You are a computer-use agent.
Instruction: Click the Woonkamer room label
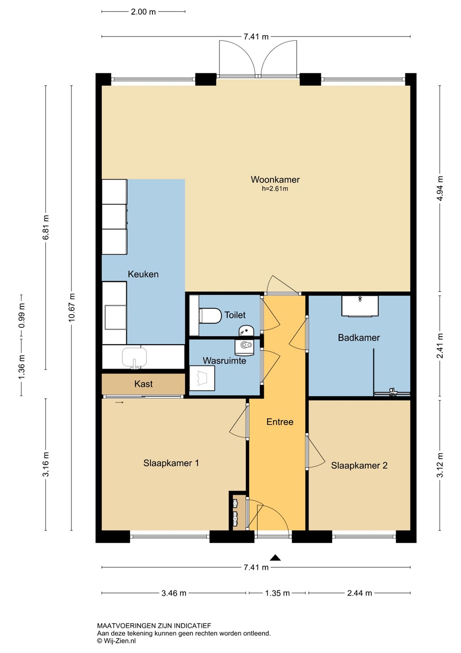(x=275, y=179)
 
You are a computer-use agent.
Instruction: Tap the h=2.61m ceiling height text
(x=275, y=189)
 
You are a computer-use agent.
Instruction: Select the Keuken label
(x=143, y=274)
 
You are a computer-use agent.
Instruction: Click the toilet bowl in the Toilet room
(x=210, y=316)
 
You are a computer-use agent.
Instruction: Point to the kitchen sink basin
(x=134, y=357)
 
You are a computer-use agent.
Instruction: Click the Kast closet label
(x=144, y=384)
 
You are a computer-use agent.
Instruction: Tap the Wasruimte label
(x=225, y=361)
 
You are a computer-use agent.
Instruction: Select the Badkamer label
(x=359, y=337)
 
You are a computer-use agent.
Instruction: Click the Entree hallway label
(x=280, y=422)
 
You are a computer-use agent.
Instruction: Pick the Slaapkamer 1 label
(x=171, y=463)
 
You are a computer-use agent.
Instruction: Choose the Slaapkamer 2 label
(x=359, y=465)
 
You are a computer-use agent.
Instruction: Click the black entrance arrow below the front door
(x=275, y=558)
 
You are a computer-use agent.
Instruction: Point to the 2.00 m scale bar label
(x=143, y=12)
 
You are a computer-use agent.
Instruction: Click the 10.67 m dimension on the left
(x=72, y=307)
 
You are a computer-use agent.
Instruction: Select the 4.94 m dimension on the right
(x=440, y=188)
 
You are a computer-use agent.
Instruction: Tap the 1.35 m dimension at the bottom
(x=277, y=593)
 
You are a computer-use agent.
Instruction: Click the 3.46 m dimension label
(x=174, y=593)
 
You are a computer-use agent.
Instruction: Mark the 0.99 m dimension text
(x=22, y=316)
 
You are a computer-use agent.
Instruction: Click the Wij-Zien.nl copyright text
(x=116, y=641)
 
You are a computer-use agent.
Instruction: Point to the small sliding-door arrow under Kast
(x=119, y=403)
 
